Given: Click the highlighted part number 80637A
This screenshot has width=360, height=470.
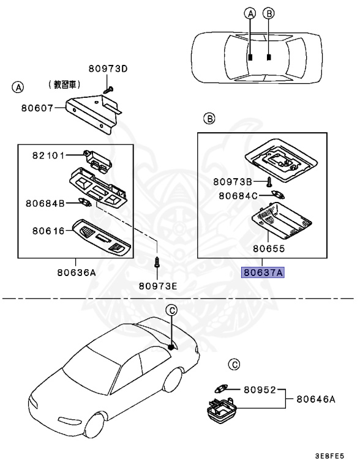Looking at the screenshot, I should click(263, 274).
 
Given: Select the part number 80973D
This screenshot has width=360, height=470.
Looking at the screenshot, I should click(107, 69).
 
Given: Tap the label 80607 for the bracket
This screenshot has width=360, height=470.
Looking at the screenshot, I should click(37, 108).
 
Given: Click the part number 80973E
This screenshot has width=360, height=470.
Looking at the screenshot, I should click(158, 285).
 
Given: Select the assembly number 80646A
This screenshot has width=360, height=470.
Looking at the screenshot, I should click(317, 399).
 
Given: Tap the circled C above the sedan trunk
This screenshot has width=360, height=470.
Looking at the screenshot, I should click(173, 310).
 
